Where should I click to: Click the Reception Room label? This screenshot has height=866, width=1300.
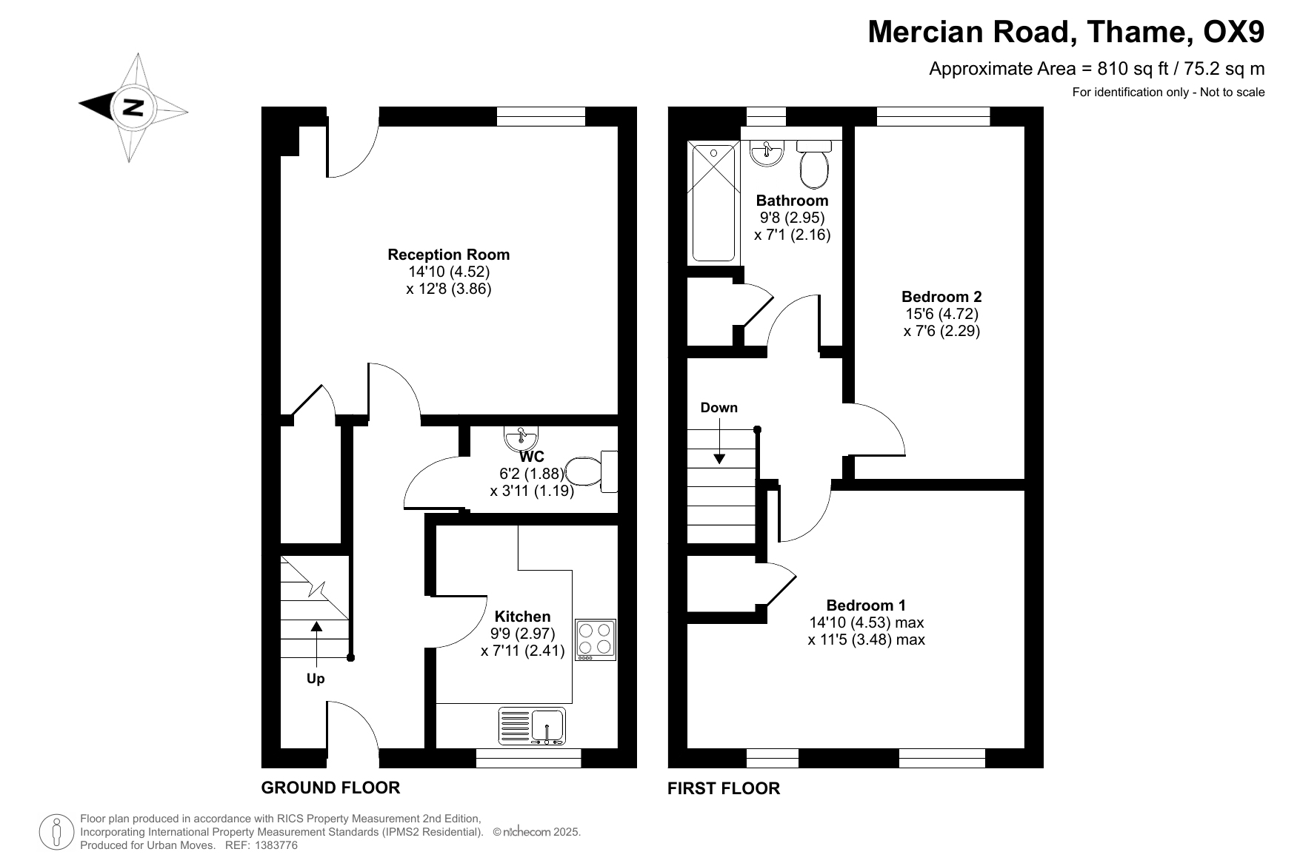[x=449, y=255]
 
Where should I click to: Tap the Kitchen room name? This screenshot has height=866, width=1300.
[x=523, y=617]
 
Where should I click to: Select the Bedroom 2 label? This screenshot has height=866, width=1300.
[x=941, y=297]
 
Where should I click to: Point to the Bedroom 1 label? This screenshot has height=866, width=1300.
[x=866, y=605]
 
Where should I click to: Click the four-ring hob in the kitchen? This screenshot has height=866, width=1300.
[x=596, y=640]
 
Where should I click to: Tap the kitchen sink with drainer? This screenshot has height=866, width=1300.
[x=532, y=726]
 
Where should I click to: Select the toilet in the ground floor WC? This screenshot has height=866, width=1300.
[x=591, y=471]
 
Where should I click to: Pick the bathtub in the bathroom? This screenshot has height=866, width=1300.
[x=714, y=202]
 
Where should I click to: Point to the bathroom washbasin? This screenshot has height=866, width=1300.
[x=767, y=153]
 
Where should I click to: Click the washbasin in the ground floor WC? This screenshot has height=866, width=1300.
[x=521, y=438]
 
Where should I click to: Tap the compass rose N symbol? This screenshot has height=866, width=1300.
[x=133, y=107]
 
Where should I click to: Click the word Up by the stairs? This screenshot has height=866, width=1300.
[x=316, y=679]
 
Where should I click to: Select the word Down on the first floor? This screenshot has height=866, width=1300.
[x=719, y=408]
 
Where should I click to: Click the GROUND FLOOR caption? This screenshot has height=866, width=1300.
[x=330, y=788]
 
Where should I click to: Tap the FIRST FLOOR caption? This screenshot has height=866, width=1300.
[x=724, y=788]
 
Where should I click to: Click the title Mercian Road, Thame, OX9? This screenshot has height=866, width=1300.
[x=1066, y=32]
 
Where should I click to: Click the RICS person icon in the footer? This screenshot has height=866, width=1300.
[x=55, y=831]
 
